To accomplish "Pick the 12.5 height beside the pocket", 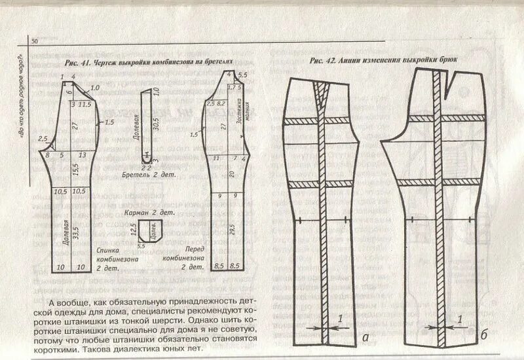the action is tap(132, 228).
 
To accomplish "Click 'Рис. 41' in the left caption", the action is tap(77, 63).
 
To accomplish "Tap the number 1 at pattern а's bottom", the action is tap(341, 319).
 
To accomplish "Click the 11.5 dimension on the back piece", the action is tap(84, 105).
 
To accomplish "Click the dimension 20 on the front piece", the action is tap(231, 173).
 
